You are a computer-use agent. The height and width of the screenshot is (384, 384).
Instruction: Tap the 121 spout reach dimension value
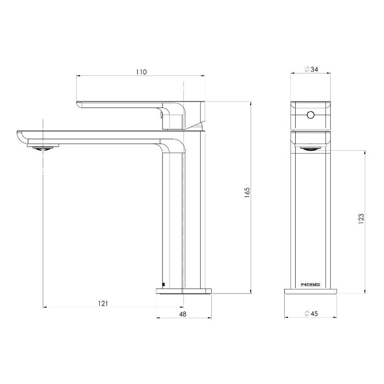tap(104, 302)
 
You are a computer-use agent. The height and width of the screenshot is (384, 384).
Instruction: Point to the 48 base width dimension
tap(183, 314)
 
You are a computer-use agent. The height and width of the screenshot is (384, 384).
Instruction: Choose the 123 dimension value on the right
tap(360, 219)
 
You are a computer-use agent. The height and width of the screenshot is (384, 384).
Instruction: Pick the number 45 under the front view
tap(314, 314)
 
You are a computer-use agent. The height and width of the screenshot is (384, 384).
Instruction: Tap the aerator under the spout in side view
tap(42, 146)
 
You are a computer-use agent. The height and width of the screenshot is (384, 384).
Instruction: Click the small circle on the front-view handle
tap(311, 115)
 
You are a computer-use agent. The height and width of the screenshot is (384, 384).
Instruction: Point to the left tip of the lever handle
tap(78, 104)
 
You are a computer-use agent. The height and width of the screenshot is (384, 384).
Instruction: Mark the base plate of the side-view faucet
tap(183, 291)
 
